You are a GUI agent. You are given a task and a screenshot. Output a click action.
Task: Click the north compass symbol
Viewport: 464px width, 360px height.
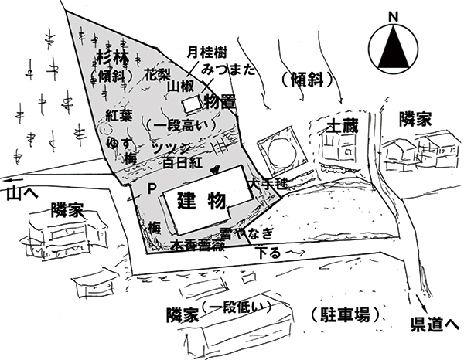tap(393, 46)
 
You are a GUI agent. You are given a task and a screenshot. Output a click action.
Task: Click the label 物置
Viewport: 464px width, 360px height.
tap(220, 100)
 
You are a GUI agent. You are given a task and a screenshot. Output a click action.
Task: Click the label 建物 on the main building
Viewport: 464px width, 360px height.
tap(201, 203)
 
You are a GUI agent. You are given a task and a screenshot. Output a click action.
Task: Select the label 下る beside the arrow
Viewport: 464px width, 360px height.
tap(265, 252)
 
